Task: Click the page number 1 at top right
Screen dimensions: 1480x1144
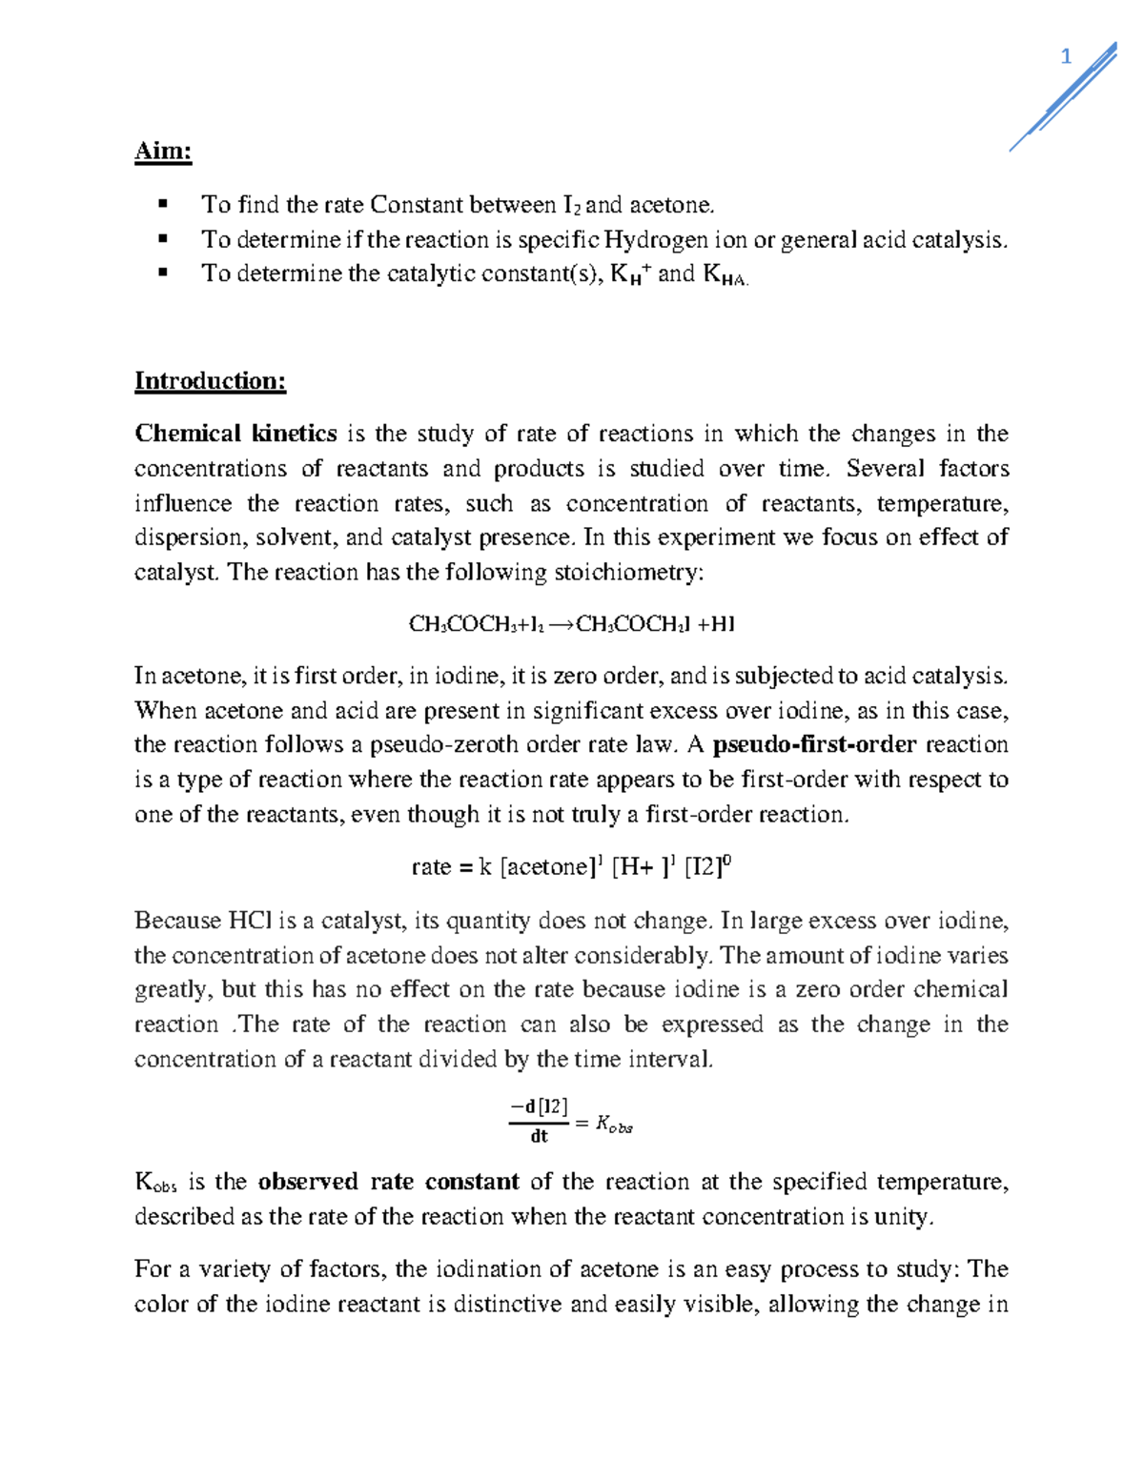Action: [1066, 57]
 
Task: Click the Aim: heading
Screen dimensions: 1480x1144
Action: [163, 152]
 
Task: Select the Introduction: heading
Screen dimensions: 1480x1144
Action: [210, 381]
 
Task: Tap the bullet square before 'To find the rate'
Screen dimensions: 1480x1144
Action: [163, 204]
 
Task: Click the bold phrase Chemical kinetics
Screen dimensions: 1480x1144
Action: [235, 434]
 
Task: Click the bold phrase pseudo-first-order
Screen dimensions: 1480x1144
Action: [814, 744]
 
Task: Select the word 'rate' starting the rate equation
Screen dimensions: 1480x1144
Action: [431, 867]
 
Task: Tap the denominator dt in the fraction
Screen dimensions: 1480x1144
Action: [540, 1137]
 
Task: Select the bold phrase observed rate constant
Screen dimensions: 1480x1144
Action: [388, 1182]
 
